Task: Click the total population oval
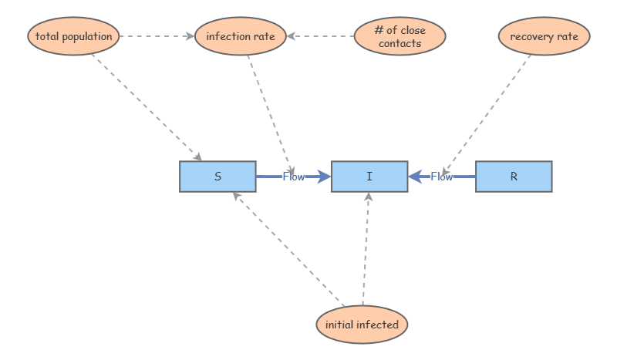tap(74, 36)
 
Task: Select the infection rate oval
tap(240, 36)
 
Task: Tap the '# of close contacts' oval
tap(400, 36)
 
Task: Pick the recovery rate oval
tap(544, 36)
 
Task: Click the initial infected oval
tap(362, 325)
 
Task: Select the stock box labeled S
tap(217, 177)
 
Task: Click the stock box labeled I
tap(369, 177)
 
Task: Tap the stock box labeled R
tap(514, 177)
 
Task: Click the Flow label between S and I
tap(294, 177)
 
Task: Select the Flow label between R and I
tap(442, 177)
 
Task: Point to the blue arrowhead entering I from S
tap(324, 177)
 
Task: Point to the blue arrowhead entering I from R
tap(415, 177)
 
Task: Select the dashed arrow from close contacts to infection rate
tap(320, 36)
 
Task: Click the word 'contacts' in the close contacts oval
tap(400, 43)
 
